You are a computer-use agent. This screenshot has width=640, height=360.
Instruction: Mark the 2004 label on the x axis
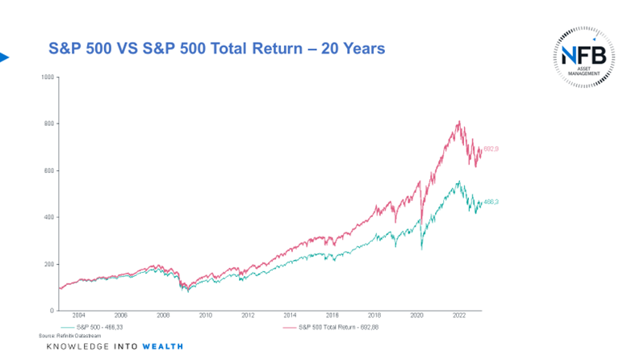78,316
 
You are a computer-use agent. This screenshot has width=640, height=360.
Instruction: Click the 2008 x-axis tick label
163,316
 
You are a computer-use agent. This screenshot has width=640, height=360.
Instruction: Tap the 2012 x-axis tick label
248,316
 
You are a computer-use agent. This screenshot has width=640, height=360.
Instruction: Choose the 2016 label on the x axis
333,316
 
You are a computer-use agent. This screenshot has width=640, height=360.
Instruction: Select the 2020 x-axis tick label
417,316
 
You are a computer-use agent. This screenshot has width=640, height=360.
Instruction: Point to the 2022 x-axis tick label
460,316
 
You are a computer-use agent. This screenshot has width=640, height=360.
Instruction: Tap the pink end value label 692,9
492,149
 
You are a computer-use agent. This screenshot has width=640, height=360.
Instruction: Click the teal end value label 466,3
492,202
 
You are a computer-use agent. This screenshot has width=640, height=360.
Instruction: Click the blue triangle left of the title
4,57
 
